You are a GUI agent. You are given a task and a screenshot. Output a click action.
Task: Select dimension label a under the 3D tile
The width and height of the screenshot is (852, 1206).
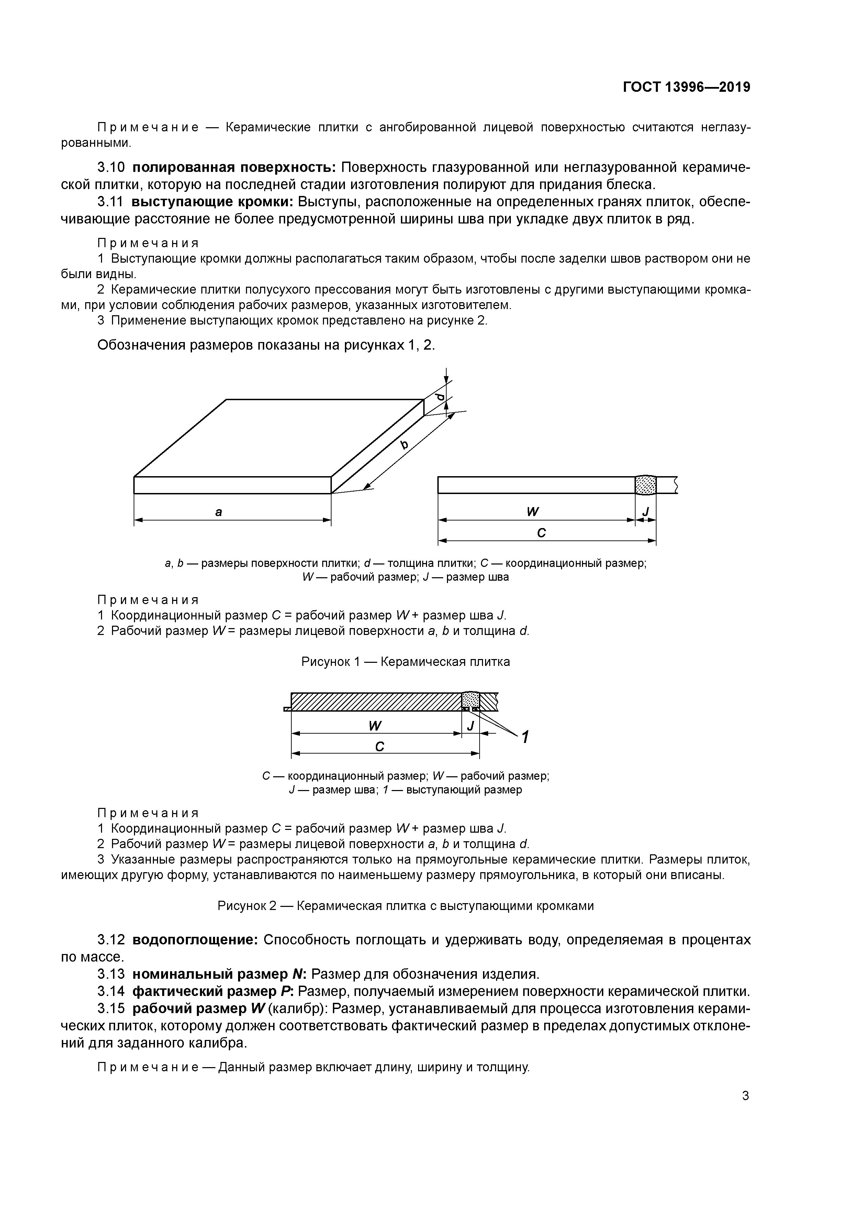(x=219, y=511)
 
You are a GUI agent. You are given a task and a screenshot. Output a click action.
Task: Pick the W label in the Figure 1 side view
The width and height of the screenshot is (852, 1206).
(x=533, y=511)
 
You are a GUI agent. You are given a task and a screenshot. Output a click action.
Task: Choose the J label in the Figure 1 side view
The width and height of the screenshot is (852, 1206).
(x=646, y=511)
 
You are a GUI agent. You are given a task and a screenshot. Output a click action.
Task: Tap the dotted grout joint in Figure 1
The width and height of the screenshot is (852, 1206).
(x=645, y=485)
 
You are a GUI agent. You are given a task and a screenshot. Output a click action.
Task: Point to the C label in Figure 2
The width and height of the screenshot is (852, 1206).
(x=380, y=746)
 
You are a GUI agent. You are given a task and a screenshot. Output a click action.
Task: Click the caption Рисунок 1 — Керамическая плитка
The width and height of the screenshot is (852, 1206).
(x=405, y=662)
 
